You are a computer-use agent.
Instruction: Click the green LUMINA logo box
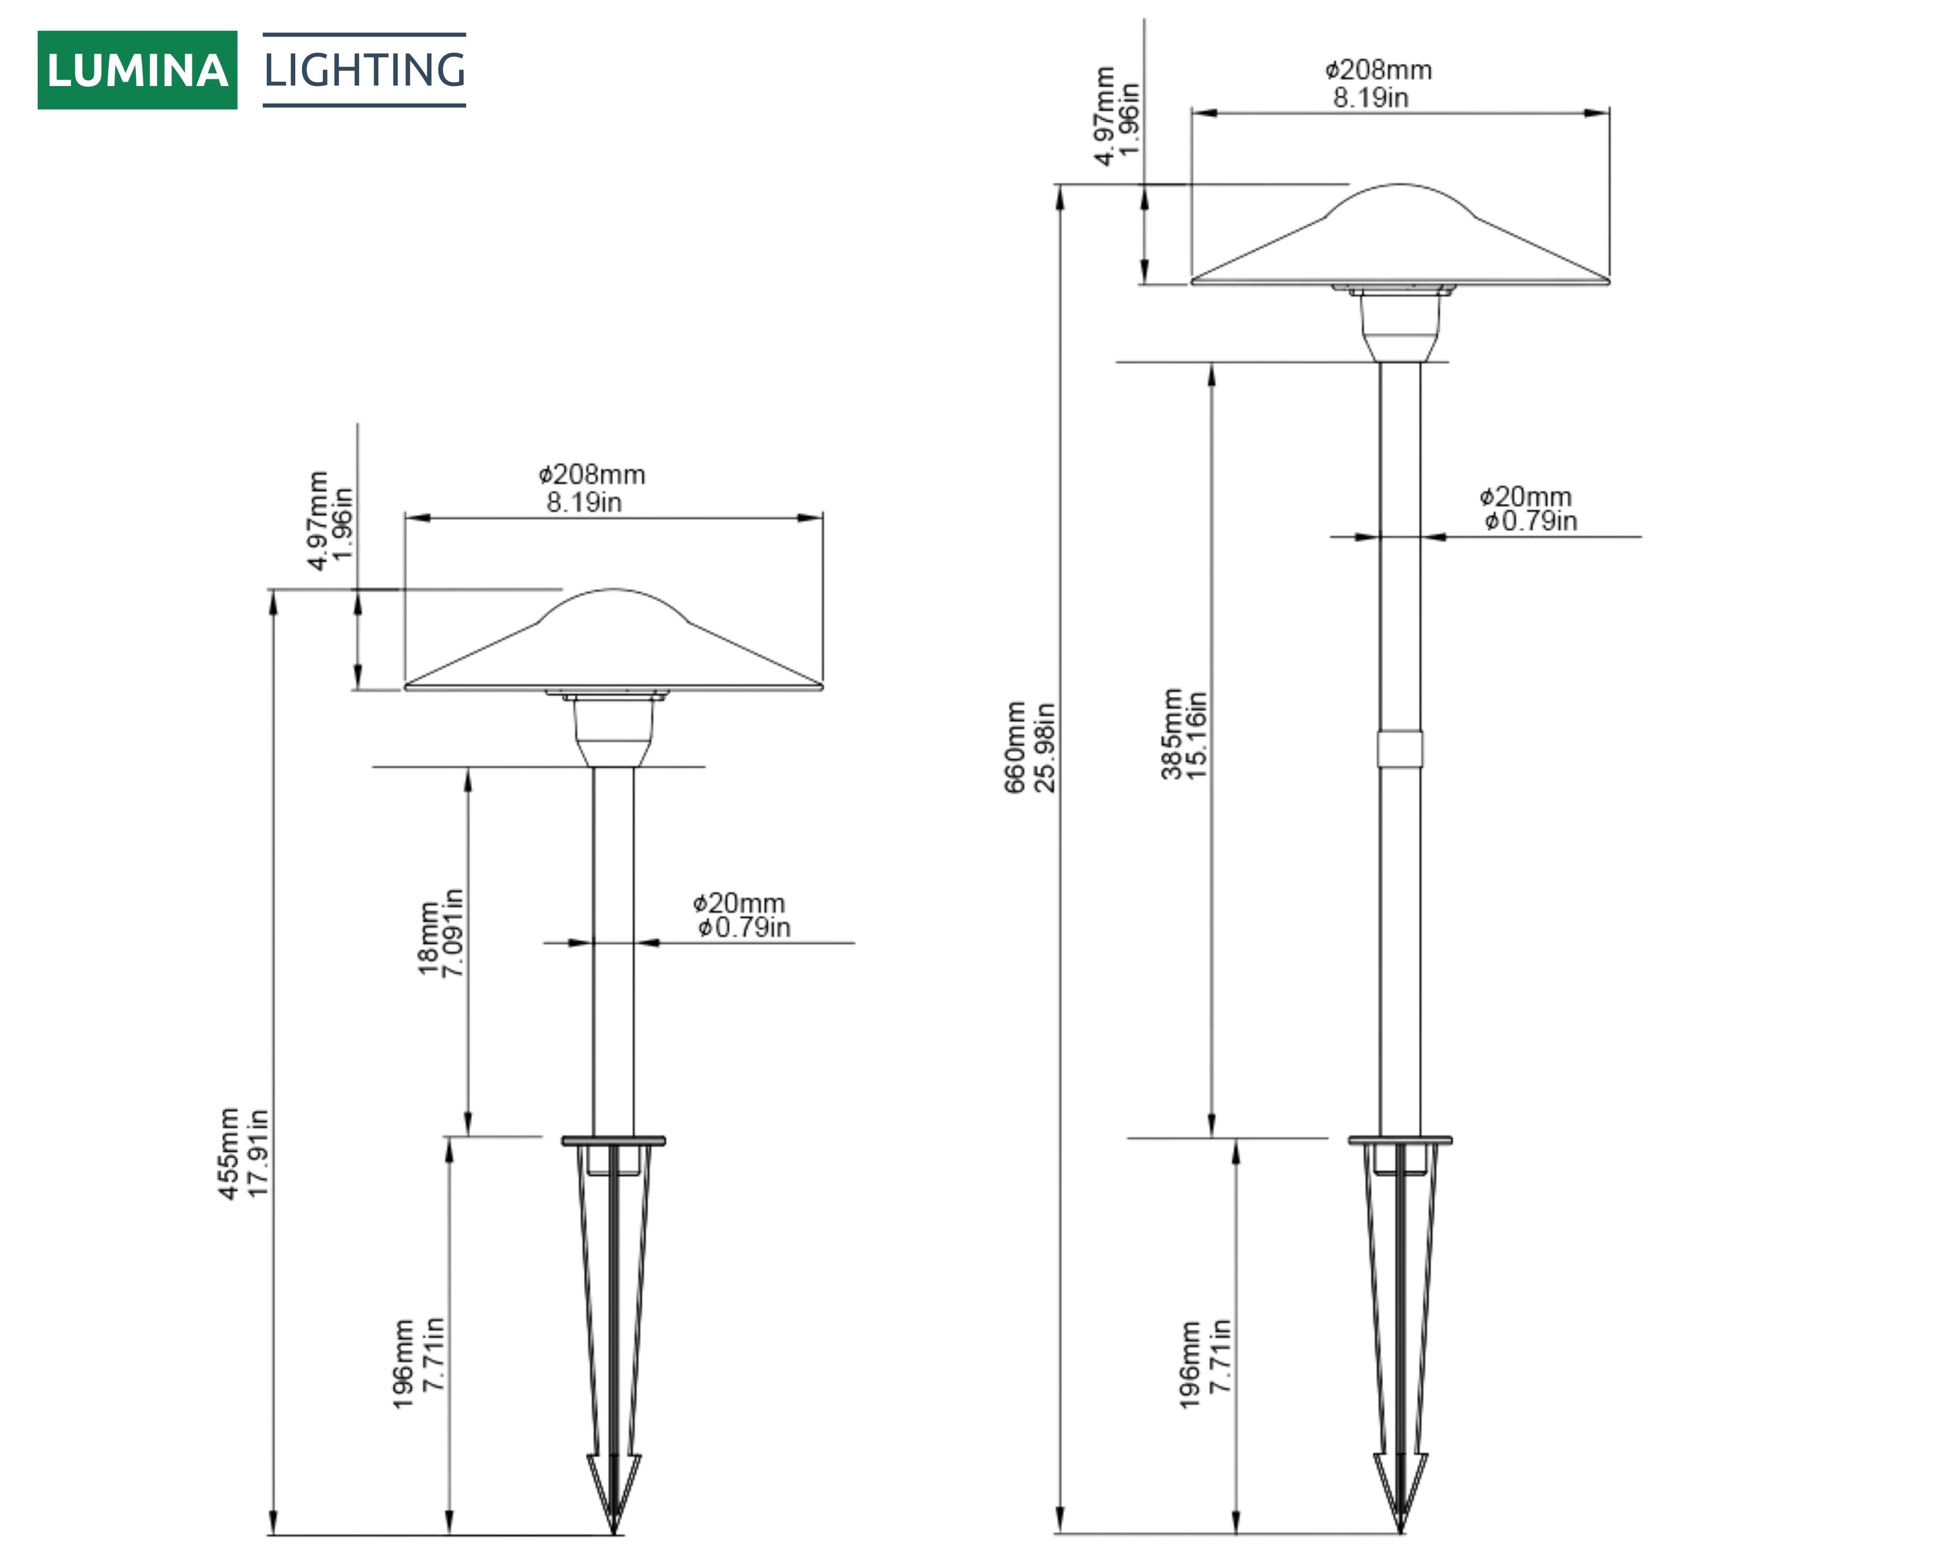[x=137, y=70]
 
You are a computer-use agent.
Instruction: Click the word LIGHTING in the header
[x=364, y=70]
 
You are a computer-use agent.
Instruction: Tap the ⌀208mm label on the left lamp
[x=591, y=474]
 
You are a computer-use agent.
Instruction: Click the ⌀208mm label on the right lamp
[x=1378, y=70]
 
